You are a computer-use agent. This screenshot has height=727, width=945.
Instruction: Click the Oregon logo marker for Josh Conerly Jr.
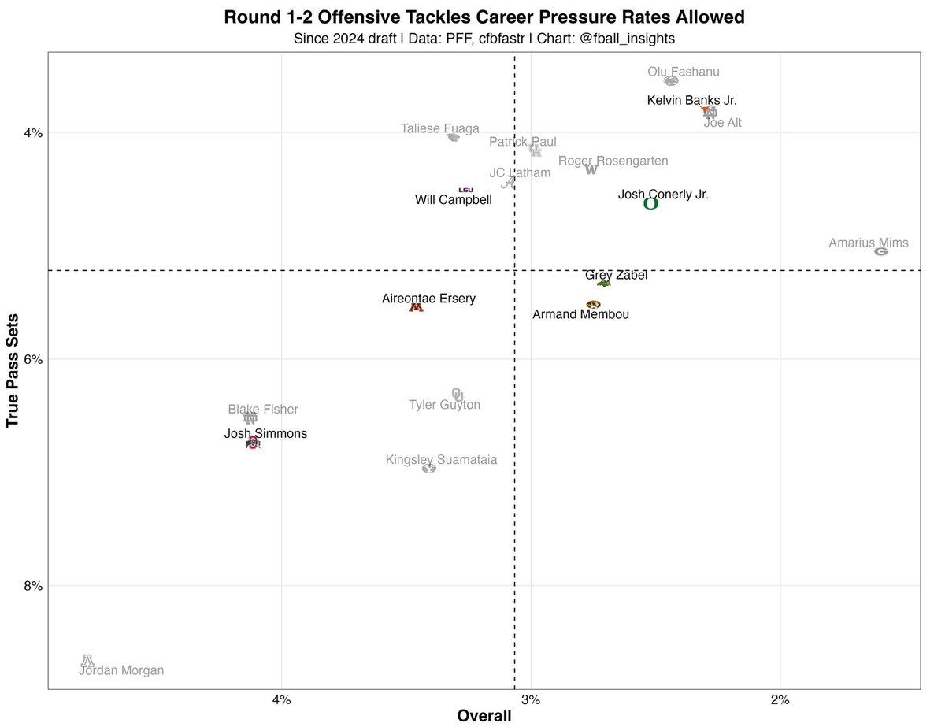click(650, 204)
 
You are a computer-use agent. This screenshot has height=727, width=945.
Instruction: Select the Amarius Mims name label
click(869, 243)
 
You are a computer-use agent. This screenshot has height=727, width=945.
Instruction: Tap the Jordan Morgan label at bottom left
click(121, 670)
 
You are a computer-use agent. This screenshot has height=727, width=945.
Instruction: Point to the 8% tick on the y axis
click(32, 585)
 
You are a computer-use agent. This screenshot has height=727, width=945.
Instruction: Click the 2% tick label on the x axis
click(780, 700)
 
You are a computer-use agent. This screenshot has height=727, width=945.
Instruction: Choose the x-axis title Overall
click(484, 716)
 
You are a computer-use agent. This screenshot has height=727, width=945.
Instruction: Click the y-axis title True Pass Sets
click(13, 370)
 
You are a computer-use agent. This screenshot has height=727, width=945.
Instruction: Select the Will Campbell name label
click(454, 200)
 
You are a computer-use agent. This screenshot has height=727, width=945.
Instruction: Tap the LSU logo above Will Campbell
click(466, 190)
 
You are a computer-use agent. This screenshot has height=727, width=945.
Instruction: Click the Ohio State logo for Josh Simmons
click(252, 443)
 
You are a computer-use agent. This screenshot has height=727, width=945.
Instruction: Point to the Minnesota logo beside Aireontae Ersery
click(416, 307)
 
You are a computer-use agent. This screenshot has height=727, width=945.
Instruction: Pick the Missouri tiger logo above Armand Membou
click(593, 304)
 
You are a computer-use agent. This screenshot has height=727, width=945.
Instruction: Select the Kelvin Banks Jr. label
click(692, 100)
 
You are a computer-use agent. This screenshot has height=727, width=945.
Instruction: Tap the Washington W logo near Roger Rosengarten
click(591, 169)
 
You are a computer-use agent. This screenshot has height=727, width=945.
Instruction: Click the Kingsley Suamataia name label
click(441, 459)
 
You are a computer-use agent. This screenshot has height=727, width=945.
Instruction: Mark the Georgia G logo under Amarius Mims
click(881, 251)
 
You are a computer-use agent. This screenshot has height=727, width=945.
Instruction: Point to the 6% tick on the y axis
click(32, 359)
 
